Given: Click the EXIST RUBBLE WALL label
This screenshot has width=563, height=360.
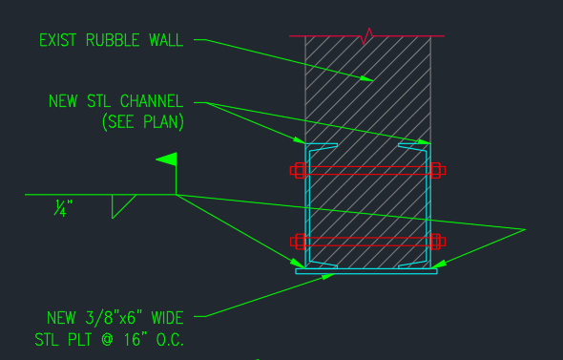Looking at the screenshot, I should click(x=115, y=40).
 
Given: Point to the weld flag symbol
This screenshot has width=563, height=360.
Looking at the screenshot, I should click(x=167, y=159).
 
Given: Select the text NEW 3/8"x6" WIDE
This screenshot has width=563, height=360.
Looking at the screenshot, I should click(x=115, y=317).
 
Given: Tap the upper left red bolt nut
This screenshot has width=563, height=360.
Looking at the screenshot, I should click(x=298, y=171).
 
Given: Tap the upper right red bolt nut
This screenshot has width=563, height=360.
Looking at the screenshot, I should click(x=437, y=171).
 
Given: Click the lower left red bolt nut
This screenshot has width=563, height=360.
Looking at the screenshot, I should click(x=298, y=241).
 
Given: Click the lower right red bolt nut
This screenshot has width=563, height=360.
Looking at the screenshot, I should click(x=437, y=241).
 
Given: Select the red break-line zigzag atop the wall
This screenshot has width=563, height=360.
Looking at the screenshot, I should click(x=366, y=37).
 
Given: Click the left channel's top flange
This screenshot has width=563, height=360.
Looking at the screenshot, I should click(x=322, y=146).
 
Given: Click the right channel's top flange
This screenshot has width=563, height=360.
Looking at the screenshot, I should click(x=412, y=146).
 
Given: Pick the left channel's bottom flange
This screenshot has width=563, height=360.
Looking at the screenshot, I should click(x=322, y=265).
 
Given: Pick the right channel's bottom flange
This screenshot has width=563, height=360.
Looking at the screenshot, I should click(x=412, y=265).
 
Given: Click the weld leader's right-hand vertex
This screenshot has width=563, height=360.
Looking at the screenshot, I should click(x=525, y=229).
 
